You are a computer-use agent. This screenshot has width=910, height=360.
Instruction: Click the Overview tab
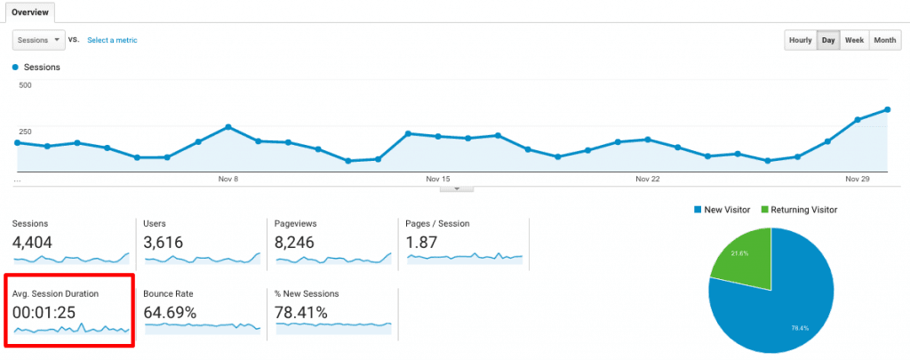point(29,12)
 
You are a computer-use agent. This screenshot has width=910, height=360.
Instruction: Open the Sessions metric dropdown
point(39,40)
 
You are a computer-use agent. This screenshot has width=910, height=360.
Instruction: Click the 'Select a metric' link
point(112,40)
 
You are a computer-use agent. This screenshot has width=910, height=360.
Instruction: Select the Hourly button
point(800,41)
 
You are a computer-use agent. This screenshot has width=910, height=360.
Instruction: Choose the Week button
point(854,41)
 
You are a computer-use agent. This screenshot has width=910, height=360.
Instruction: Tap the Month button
point(884,41)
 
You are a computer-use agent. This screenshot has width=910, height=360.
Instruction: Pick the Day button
point(827,41)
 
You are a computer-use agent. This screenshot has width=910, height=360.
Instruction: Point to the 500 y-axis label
point(25,85)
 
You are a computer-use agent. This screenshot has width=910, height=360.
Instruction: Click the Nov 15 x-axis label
point(439,179)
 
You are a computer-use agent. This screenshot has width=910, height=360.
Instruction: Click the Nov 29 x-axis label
point(858,179)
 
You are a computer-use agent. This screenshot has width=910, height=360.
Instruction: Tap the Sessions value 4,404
point(37,242)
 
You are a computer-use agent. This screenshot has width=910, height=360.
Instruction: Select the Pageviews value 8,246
point(300,242)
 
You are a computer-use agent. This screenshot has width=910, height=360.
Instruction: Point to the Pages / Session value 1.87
point(423,242)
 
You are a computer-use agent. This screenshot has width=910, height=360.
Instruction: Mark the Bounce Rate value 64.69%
point(171,312)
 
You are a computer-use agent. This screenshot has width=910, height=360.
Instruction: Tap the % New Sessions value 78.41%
point(302,312)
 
